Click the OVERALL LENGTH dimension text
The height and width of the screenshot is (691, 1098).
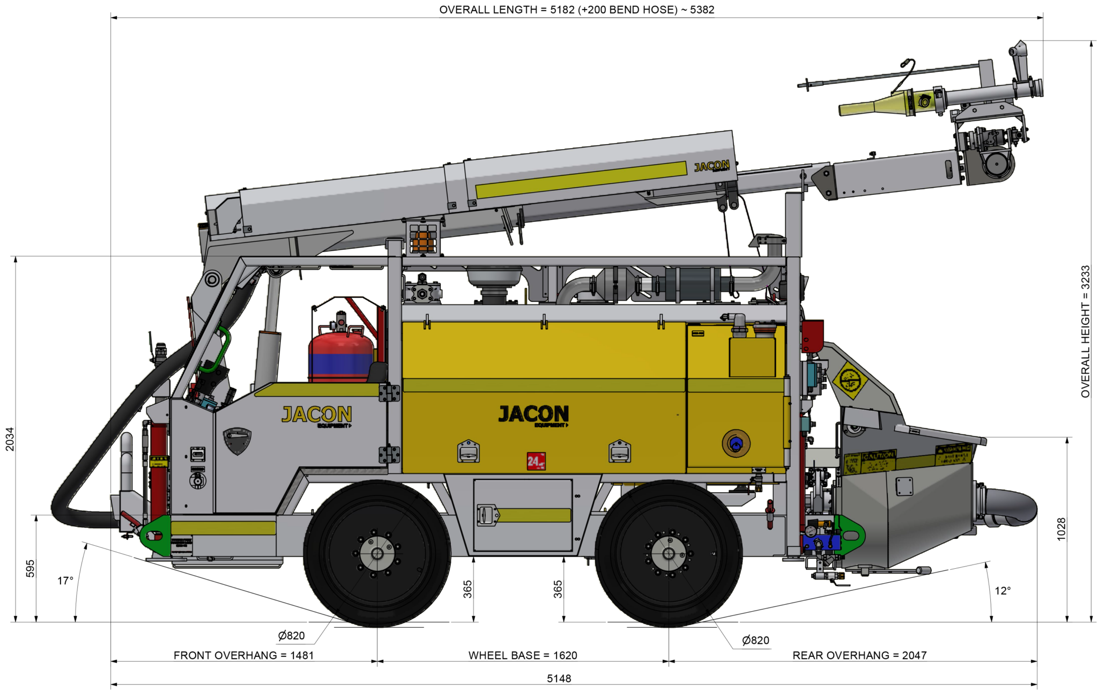click(x=576, y=10)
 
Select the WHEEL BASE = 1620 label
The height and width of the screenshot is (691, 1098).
click(x=523, y=655)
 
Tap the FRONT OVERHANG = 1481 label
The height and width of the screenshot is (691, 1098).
click(x=243, y=655)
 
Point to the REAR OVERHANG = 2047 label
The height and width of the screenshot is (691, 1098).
click(x=859, y=655)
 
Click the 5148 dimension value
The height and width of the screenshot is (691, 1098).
click(x=559, y=679)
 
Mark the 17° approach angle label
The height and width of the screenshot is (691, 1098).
click(x=65, y=581)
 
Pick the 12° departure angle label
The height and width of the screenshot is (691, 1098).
click(x=1003, y=591)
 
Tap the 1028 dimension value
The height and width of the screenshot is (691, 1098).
click(x=1061, y=529)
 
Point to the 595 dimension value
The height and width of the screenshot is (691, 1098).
click(x=31, y=568)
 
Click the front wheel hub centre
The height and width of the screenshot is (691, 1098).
click(x=377, y=554)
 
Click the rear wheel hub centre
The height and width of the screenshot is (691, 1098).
click(x=669, y=554)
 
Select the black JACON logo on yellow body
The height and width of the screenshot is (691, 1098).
click(x=533, y=414)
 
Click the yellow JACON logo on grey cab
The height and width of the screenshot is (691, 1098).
click(x=317, y=414)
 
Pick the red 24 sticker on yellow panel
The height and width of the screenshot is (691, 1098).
click(x=536, y=461)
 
